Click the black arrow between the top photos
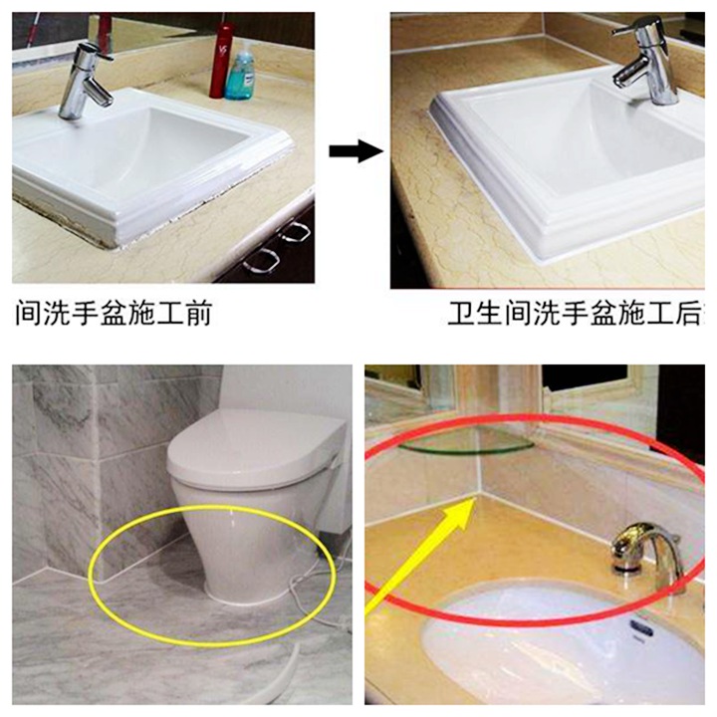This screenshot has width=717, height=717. (356, 151)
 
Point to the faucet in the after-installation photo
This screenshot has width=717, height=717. (643, 66)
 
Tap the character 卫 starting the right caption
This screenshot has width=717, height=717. (460, 316)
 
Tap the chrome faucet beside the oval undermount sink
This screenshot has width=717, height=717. (643, 552)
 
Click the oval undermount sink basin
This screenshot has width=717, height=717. (558, 637)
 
